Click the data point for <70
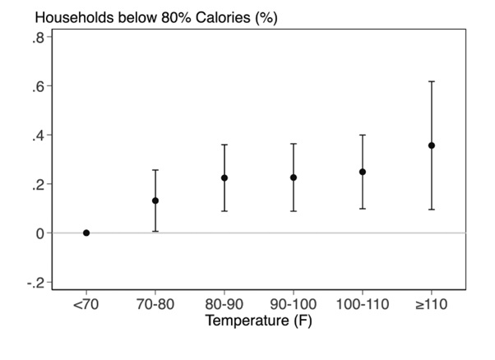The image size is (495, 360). (86, 233)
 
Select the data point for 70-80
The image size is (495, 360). (155, 201)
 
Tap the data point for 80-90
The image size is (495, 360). (224, 178)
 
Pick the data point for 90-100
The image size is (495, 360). (294, 178)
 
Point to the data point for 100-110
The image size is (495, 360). (363, 172)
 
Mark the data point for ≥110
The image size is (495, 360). (432, 145)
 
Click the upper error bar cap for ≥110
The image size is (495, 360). (432, 81)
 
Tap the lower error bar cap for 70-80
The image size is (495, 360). (155, 231)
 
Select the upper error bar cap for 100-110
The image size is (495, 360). (363, 135)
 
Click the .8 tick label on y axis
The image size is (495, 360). (39, 37)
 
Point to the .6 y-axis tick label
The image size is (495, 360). (39, 86)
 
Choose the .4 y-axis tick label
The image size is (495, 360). (39, 135)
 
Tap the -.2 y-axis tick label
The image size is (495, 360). (36, 282)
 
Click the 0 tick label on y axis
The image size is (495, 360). (40, 233)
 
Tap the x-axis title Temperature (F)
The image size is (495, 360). (258, 320)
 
